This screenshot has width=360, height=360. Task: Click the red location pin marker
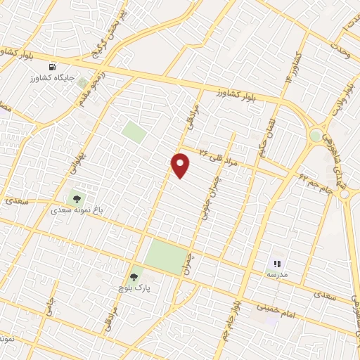click(x=181, y=166)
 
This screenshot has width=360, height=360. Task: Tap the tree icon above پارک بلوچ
click(x=134, y=276)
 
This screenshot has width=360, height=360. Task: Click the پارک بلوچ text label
click(x=135, y=288)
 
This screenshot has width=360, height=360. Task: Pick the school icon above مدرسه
click(x=276, y=263)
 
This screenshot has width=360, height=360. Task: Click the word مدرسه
click(x=276, y=274)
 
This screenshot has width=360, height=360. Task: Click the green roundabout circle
click(x=316, y=134)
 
